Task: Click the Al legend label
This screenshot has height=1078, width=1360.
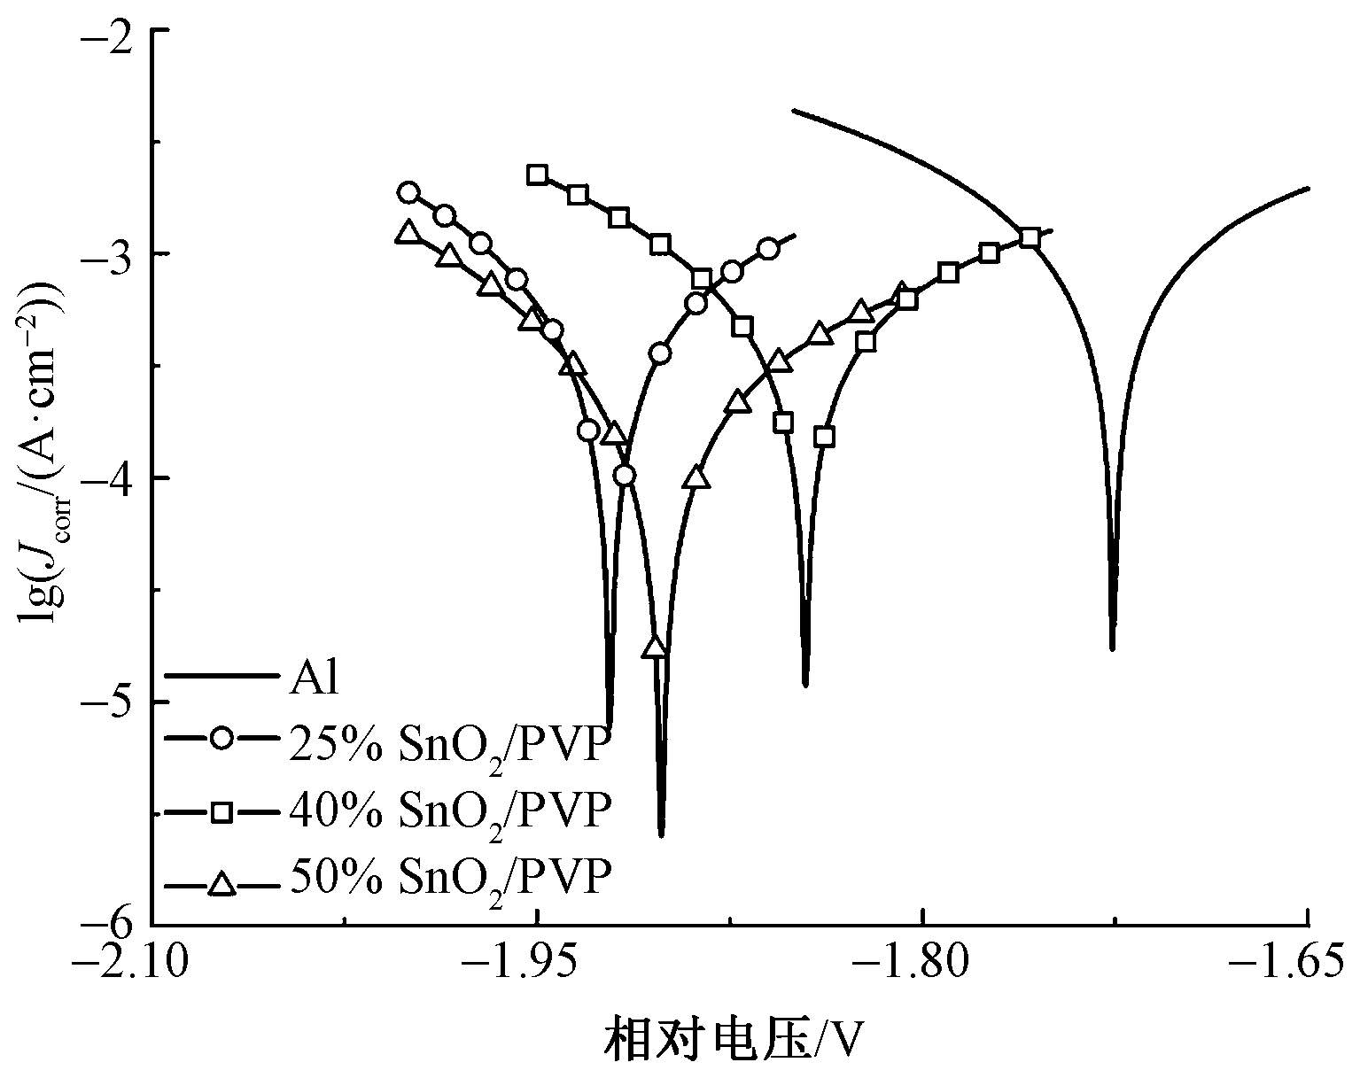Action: (314, 680)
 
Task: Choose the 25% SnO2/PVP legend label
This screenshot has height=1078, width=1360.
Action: (449, 746)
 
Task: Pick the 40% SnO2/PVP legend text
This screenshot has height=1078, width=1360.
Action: (449, 811)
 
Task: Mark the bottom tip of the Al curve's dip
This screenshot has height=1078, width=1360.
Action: (1112, 648)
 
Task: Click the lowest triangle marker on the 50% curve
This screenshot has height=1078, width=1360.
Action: (655, 648)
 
